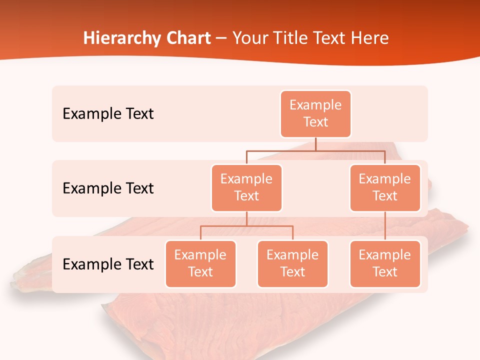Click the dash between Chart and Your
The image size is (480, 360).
click(221, 39)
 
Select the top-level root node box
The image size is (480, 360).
click(315, 114)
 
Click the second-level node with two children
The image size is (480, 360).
click(246, 188)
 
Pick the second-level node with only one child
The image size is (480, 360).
click(385, 188)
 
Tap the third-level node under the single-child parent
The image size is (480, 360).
click(385, 264)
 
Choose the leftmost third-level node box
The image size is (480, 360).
click(200, 264)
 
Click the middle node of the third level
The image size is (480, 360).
click(292, 264)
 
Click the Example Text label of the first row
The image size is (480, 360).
click(108, 114)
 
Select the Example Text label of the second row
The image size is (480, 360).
click(108, 188)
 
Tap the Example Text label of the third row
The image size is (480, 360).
click(108, 264)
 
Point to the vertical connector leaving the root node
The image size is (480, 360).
click(315, 144)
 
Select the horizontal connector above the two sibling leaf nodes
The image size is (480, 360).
click(246, 226)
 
